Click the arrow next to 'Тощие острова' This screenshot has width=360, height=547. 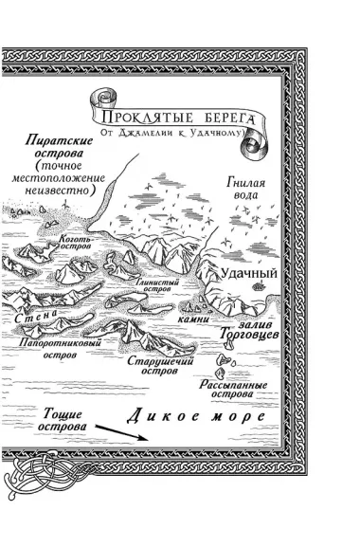point(119,432)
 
